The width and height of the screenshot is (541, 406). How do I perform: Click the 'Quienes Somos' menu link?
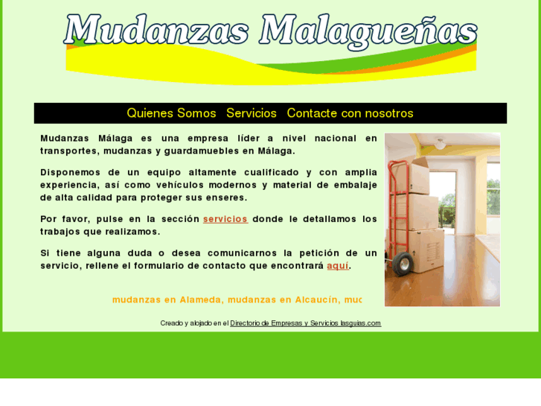coord(171,113)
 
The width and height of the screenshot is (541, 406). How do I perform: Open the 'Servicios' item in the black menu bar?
coord(252,113)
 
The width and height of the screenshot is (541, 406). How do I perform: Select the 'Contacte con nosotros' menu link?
coord(350,113)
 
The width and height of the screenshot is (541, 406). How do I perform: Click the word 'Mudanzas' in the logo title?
coord(156,31)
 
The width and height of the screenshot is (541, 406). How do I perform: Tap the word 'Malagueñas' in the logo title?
coord(368,31)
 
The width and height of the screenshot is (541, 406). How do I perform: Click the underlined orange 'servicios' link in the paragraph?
coord(225,219)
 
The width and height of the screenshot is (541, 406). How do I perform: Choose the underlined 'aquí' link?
coord(337,265)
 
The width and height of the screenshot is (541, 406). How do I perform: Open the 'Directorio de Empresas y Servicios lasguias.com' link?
coord(305,323)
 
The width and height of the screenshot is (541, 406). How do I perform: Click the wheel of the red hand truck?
coord(403,263)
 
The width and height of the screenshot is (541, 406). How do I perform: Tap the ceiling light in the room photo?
coord(440,144)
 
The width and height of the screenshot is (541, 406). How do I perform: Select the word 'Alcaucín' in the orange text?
coord(316,299)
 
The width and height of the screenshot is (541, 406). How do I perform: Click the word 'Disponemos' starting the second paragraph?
coord(69,172)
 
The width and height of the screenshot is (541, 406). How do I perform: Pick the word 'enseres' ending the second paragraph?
coord(227,197)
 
